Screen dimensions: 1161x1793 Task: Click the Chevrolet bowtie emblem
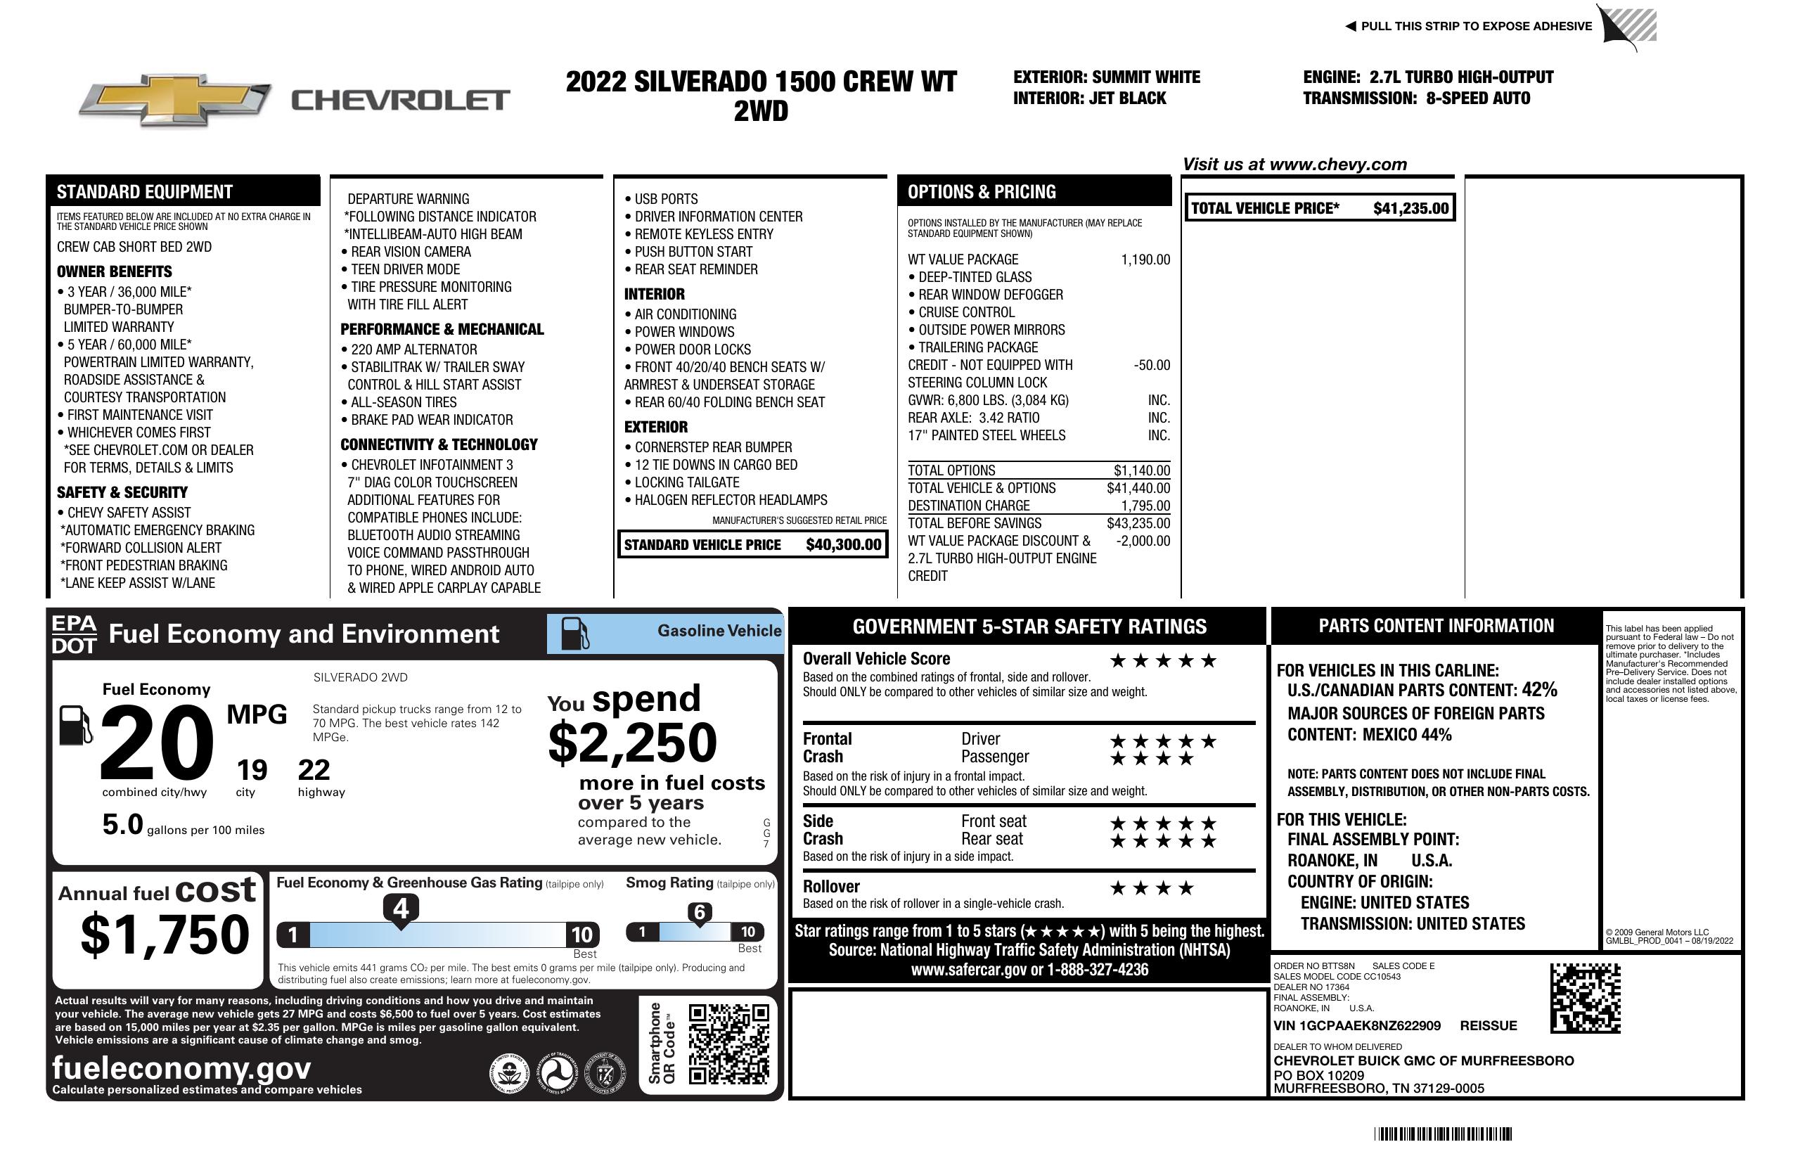click(175, 99)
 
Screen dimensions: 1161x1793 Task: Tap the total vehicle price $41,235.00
click(1410, 209)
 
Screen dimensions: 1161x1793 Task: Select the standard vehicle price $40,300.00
click(843, 545)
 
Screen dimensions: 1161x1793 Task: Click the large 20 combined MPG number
click(157, 743)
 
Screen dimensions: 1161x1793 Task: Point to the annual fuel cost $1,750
click(165, 935)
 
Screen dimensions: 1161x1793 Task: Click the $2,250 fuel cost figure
click(632, 743)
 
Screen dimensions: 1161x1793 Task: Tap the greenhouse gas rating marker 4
click(401, 909)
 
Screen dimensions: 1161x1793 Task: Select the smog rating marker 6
click(699, 912)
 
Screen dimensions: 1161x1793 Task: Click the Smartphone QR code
click(728, 1044)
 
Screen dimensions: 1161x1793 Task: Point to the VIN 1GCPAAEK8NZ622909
click(1357, 1026)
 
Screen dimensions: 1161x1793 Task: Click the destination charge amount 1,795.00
click(1145, 506)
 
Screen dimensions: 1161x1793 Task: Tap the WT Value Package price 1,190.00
click(1145, 260)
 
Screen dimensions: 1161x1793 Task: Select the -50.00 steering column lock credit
click(1152, 366)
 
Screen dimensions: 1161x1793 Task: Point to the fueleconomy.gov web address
click(181, 1068)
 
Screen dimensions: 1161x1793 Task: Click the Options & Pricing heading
click(981, 192)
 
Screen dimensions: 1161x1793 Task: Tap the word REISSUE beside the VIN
click(1488, 1026)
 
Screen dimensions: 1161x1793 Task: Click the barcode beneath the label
click(1442, 1134)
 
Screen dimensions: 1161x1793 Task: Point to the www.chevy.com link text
click(1337, 165)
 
